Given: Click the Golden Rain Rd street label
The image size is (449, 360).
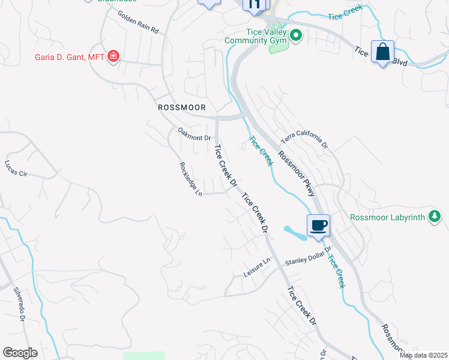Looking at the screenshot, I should (x=137, y=22).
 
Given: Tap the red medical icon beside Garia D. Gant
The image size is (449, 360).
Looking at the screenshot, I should (x=112, y=57).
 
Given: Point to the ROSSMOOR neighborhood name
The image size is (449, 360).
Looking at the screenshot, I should (x=181, y=107).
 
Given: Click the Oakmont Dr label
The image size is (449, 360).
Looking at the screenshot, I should (x=194, y=134).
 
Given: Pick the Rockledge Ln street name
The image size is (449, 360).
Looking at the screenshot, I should (x=190, y=178).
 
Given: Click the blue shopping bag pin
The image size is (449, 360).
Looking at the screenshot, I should (x=382, y=52).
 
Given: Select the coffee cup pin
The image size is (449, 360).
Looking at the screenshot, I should (x=318, y=226).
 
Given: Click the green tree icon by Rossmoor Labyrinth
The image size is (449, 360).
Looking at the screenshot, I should (x=434, y=217).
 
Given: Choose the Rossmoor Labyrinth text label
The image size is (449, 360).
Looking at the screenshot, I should (x=388, y=217).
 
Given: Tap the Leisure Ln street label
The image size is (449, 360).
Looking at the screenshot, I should (x=258, y=268).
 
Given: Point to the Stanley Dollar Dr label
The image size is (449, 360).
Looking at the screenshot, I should (x=308, y=256).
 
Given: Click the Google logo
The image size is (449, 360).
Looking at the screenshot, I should (x=20, y=352).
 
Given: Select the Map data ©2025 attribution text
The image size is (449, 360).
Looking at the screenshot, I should (x=423, y=355).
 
